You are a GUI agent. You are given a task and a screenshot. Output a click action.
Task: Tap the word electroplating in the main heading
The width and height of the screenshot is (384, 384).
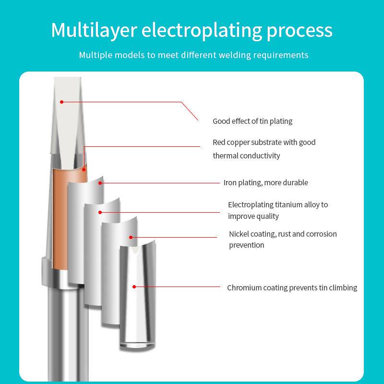click(201, 30)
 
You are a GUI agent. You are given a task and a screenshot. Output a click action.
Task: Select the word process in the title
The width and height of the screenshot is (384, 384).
click(300, 30)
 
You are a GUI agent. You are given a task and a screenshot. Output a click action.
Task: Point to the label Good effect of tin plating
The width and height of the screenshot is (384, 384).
click(252, 121)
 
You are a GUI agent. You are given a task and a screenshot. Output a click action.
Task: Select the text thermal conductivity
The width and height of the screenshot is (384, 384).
click(246, 156)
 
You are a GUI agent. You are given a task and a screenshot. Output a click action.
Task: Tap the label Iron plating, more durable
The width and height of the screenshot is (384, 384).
click(265, 182)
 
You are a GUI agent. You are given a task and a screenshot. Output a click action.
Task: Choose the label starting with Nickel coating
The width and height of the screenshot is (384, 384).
click(283, 234)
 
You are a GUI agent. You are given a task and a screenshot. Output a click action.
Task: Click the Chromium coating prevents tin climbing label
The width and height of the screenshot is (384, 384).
click(292, 288)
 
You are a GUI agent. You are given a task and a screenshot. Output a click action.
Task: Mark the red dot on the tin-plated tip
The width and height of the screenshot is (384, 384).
click(61, 102)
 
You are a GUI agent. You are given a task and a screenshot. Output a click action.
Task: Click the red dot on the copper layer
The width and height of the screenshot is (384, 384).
click(83, 168)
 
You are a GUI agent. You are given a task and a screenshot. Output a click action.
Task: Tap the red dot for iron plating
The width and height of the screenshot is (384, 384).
click(100, 182)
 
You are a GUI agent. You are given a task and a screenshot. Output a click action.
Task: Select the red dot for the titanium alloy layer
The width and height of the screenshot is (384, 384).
click(100, 212)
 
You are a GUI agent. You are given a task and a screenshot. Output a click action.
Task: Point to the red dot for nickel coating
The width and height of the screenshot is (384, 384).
click(131, 237)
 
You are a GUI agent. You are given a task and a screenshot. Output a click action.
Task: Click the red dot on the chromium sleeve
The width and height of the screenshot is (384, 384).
click(134, 287)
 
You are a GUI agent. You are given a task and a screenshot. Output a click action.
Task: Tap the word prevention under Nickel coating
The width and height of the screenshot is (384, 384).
click(247, 245)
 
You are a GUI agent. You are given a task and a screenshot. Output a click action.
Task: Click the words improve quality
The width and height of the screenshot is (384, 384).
click(253, 216)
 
